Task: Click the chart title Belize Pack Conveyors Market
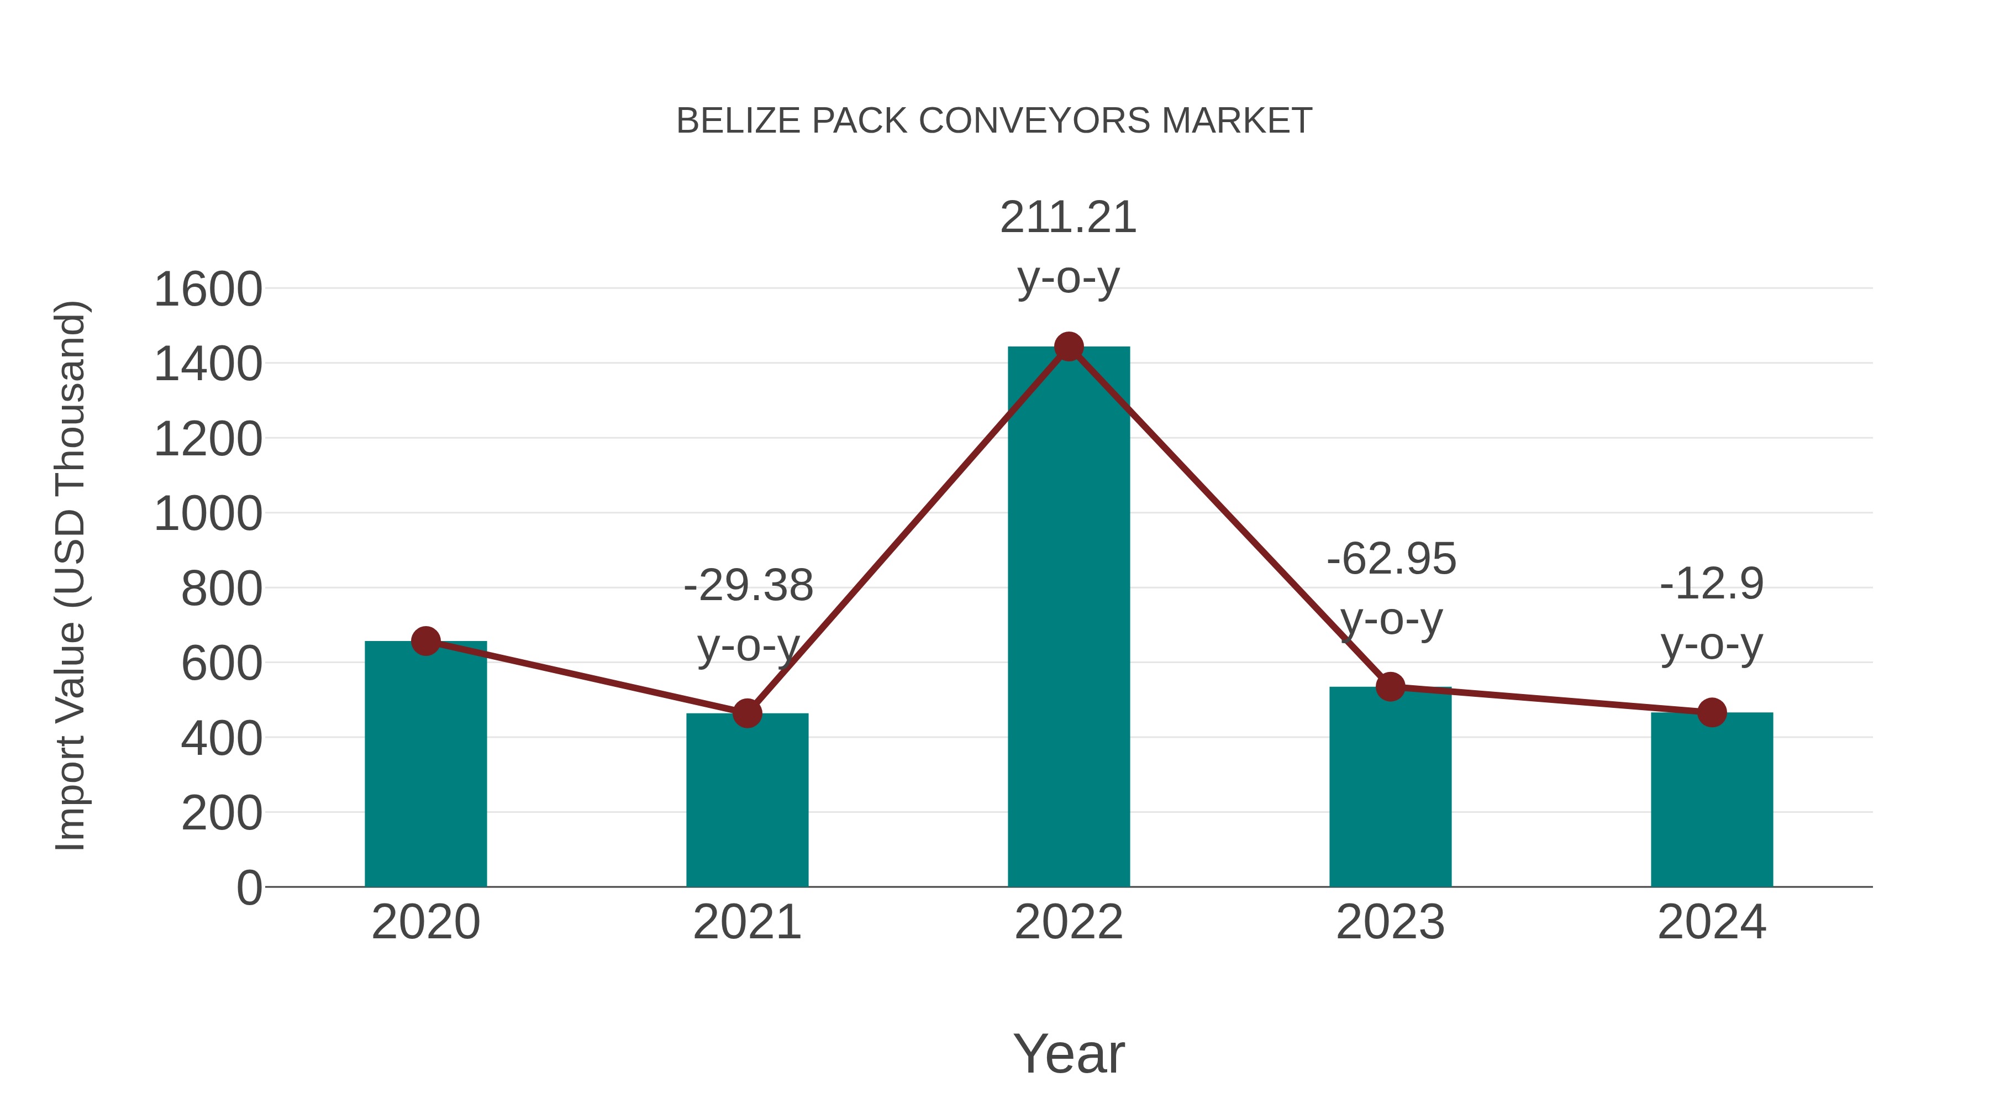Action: pyautogui.click(x=994, y=121)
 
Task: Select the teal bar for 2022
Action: pyautogui.click(x=1069, y=618)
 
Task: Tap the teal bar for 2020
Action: pyautogui.click(x=425, y=765)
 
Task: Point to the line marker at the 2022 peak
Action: pyautogui.click(x=1069, y=346)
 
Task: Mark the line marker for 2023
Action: pyautogui.click(x=1391, y=686)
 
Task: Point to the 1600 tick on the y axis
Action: pyautogui.click(x=208, y=290)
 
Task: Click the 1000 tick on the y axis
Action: pyautogui.click(x=208, y=514)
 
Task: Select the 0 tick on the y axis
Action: pyautogui.click(x=249, y=888)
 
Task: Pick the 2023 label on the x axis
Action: pyautogui.click(x=1391, y=923)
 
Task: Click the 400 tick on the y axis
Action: pyautogui.click(x=222, y=739)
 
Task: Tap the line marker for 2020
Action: pyautogui.click(x=425, y=641)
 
